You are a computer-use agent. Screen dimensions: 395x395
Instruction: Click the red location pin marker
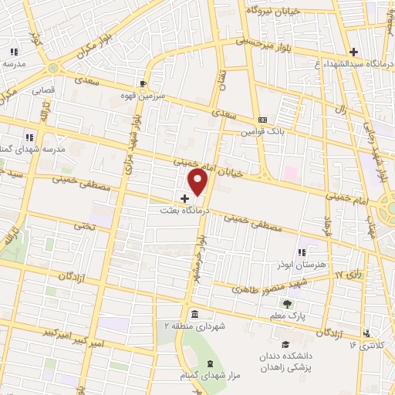199,181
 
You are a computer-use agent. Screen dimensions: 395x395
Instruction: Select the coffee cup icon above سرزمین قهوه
143,83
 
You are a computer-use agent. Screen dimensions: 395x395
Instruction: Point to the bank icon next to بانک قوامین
263,120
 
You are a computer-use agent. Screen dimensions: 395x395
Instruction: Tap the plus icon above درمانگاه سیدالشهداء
353,52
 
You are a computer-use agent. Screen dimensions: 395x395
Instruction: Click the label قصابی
43,90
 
